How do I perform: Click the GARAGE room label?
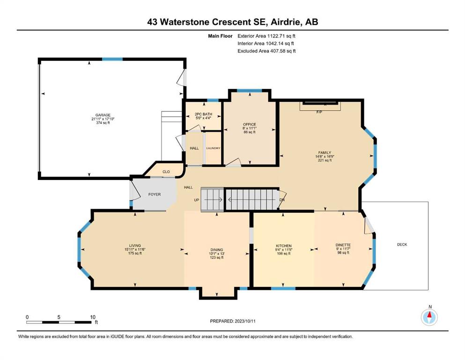point(103,115)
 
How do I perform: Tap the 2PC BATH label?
point(203,114)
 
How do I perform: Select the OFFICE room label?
point(250,124)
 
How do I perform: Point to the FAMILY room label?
point(325,152)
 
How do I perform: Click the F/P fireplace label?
point(319,112)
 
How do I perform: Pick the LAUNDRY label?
point(213,148)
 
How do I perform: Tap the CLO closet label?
point(166,172)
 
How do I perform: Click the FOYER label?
point(155,195)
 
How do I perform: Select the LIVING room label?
point(135,246)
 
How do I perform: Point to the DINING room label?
point(217,250)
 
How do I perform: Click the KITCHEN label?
point(284,246)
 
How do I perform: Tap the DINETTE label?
point(343,245)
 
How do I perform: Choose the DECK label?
point(402,245)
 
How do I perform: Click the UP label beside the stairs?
point(197,200)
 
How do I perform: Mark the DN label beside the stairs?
point(282,200)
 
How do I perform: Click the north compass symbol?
point(429,317)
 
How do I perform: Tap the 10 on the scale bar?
point(93,317)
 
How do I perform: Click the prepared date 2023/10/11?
point(245,321)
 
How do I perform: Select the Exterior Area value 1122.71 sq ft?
point(281,36)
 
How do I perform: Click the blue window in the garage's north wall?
point(112,59)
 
